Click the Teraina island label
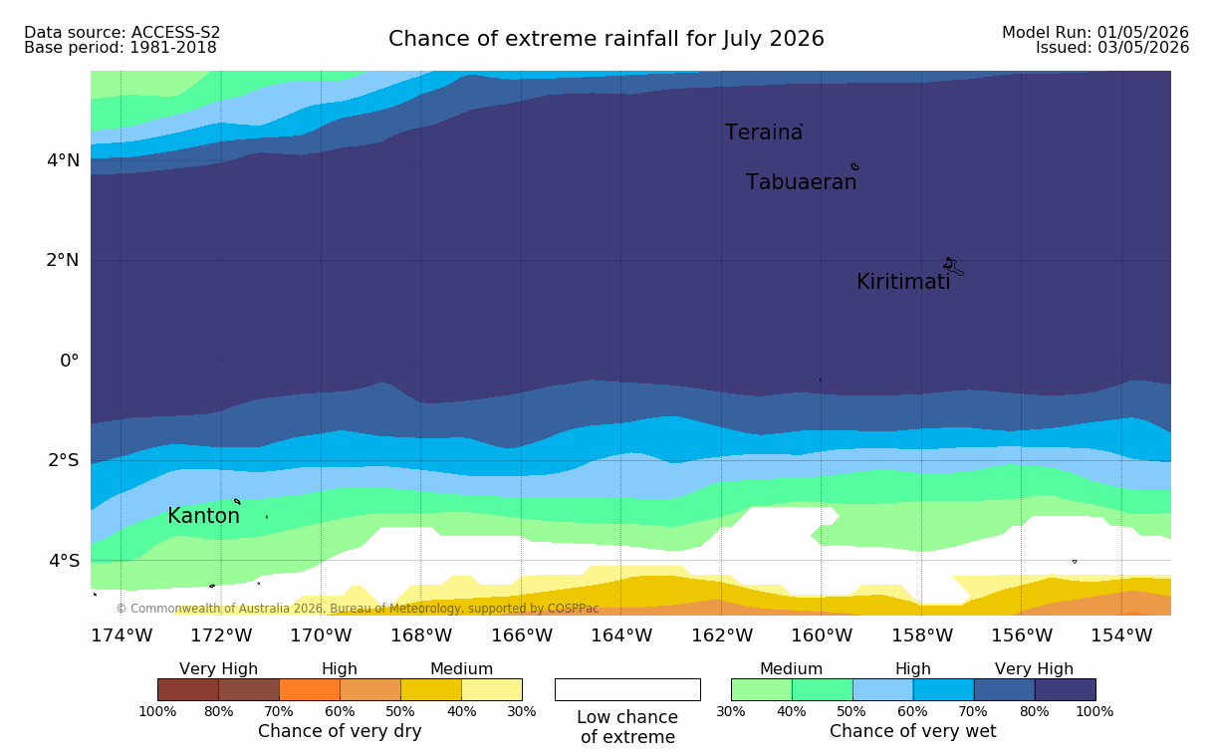(x=763, y=132)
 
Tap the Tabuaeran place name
(x=801, y=182)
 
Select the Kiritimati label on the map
(x=903, y=282)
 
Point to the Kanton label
(x=203, y=515)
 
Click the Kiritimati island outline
(x=954, y=267)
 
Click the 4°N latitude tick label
(x=63, y=160)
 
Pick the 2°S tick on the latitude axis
(x=64, y=460)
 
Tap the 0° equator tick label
(x=69, y=361)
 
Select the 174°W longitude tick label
(x=121, y=635)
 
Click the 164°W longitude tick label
(x=621, y=635)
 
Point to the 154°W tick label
(x=1121, y=635)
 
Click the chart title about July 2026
(x=606, y=39)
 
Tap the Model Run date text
(x=1095, y=33)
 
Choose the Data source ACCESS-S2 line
(x=121, y=33)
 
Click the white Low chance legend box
(x=627, y=689)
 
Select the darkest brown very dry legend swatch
(x=188, y=689)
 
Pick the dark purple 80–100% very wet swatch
(x=1065, y=689)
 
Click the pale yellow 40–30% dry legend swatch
(x=492, y=689)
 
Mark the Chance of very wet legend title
(x=912, y=731)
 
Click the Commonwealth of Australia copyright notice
(x=358, y=609)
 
